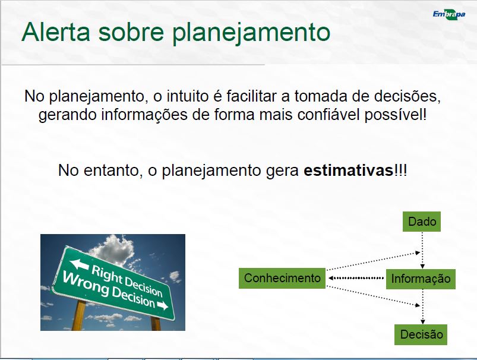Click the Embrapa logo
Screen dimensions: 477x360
pyautogui.click(x=449, y=14)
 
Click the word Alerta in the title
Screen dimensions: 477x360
pyautogui.click(x=56, y=31)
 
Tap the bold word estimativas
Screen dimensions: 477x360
pyautogui.click(x=349, y=170)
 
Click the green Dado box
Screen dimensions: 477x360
pyautogui.click(x=422, y=222)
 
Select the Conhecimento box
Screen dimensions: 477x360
pyautogui.click(x=282, y=278)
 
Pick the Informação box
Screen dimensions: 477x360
pyautogui.click(x=421, y=279)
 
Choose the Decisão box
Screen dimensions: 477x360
pyautogui.click(x=421, y=334)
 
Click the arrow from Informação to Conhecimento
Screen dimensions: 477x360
pyautogui.click(x=356, y=278)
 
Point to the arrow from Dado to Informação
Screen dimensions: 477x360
pyautogui.click(x=422, y=250)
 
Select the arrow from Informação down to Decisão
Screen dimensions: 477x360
pyautogui.click(x=422, y=307)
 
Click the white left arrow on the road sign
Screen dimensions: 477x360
pyautogui.click(x=79, y=264)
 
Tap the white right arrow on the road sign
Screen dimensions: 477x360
pyautogui.click(x=163, y=305)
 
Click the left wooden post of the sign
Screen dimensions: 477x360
pyautogui.click(x=78, y=315)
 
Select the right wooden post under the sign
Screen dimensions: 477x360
pyautogui.click(x=156, y=324)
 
